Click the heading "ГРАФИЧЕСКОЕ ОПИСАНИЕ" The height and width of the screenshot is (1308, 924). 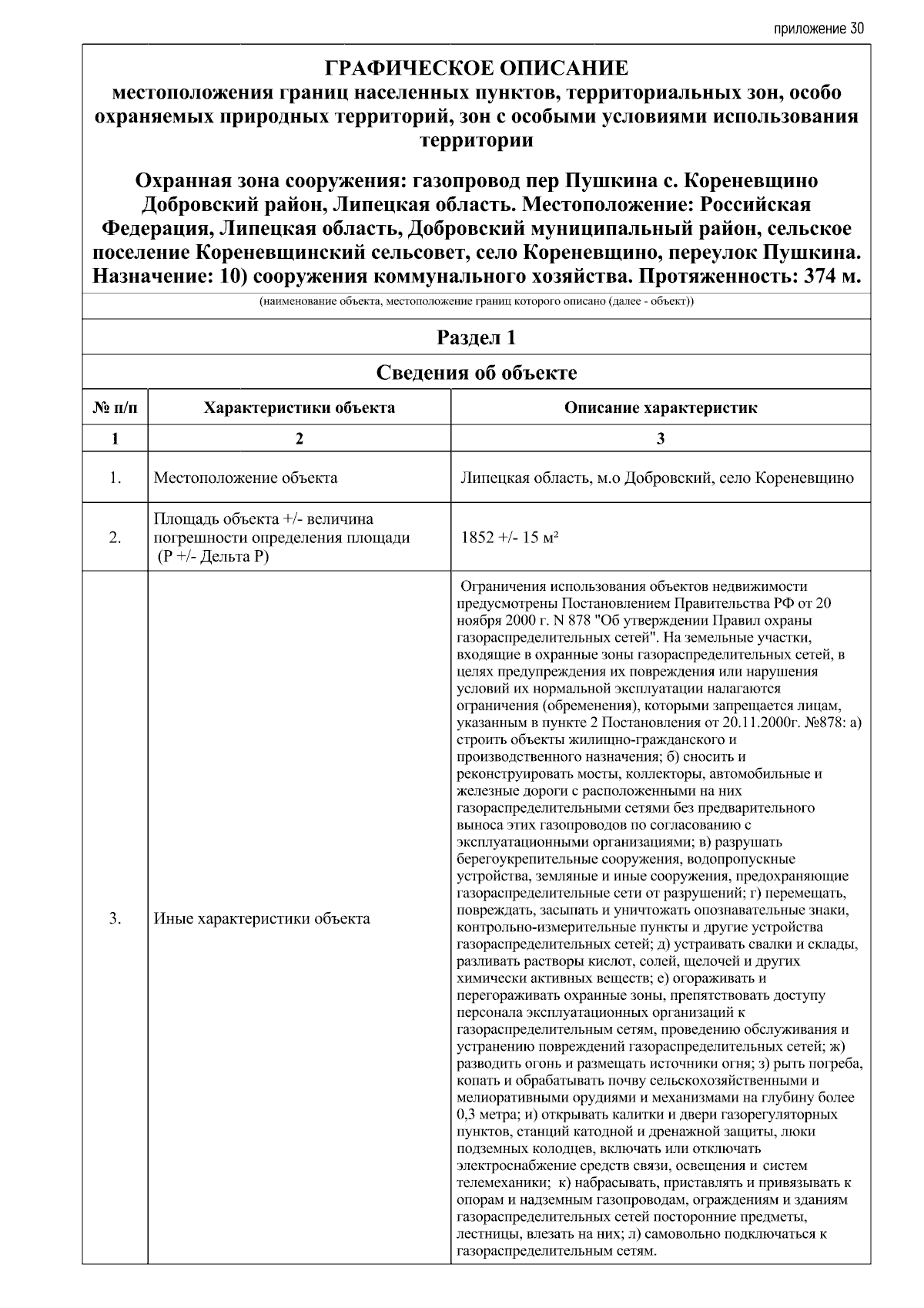(x=477, y=69)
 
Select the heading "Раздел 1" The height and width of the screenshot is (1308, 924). (x=477, y=337)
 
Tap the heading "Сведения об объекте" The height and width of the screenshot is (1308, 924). (x=477, y=373)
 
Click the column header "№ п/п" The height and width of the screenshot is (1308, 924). (x=115, y=407)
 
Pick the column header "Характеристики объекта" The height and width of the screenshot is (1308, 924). (x=299, y=407)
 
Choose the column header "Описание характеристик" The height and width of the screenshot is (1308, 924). (x=661, y=407)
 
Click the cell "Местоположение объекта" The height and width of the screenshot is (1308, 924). (x=246, y=478)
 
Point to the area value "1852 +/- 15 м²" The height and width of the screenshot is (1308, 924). (x=509, y=538)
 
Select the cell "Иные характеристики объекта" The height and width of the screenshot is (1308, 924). (x=262, y=918)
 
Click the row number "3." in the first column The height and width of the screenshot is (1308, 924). (x=115, y=918)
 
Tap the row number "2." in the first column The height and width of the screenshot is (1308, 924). (x=115, y=538)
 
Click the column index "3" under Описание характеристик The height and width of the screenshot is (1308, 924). (x=661, y=439)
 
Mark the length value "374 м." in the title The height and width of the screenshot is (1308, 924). (x=832, y=277)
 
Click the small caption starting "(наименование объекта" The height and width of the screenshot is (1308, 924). (x=477, y=302)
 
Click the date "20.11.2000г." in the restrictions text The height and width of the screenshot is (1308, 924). (x=762, y=723)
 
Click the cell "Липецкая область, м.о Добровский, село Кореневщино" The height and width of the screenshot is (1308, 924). (x=657, y=478)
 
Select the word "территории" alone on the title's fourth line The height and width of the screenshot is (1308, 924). (x=477, y=141)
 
